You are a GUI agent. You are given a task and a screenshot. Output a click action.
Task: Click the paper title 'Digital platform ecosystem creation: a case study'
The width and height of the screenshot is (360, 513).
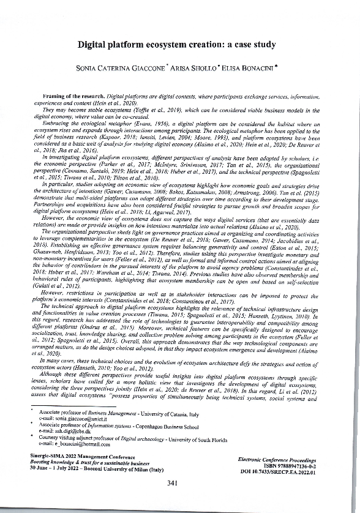(179, 45)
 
